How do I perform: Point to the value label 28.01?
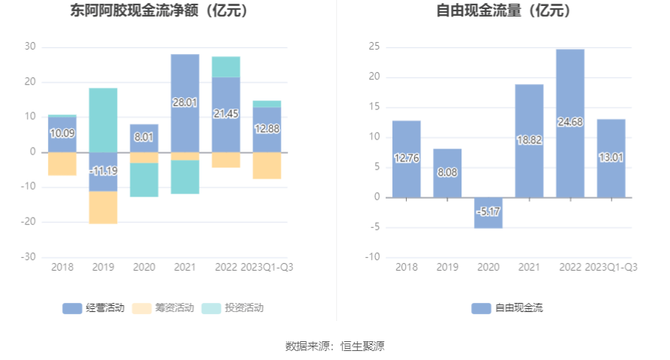(x=185, y=103)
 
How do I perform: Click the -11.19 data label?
(x=103, y=171)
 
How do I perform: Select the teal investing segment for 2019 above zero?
(x=103, y=120)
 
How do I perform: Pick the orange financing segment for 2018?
(x=62, y=163)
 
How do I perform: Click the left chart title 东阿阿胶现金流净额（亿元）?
(x=159, y=11)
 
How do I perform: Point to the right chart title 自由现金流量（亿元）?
(x=503, y=11)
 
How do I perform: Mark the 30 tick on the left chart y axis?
(x=30, y=46)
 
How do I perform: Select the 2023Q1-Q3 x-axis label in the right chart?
(x=611, y=267)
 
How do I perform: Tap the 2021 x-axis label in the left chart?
(x=185, y=267)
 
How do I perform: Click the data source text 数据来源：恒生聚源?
(x=335, y=346)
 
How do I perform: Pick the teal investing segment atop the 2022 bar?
(x=226, y=67)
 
